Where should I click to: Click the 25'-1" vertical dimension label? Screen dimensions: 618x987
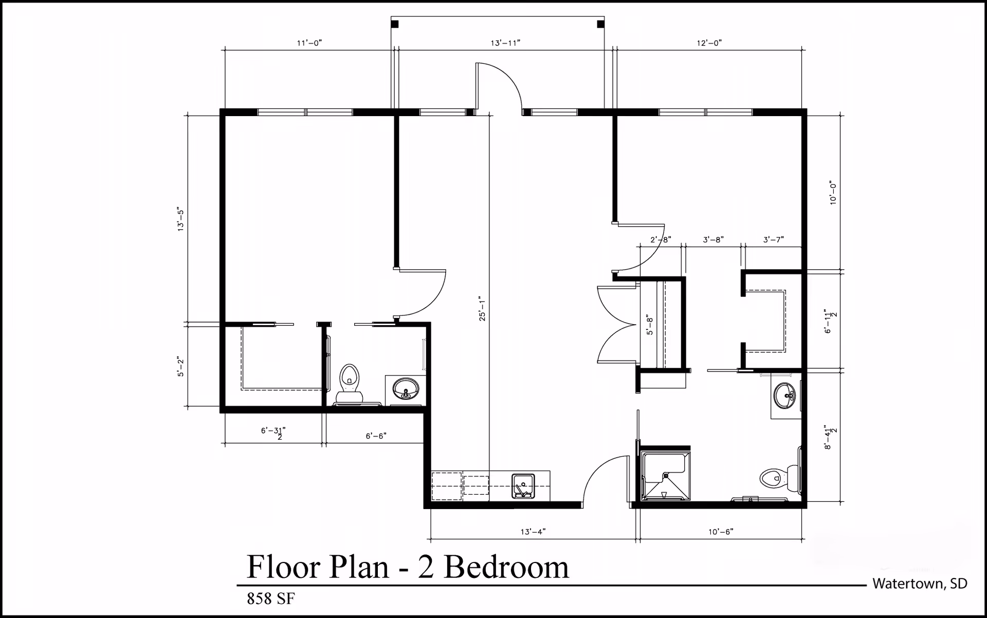(x=482, y=309)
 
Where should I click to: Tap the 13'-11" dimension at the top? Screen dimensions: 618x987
(x=505, y=43)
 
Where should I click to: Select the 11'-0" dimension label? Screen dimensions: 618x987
(x=309, y=43)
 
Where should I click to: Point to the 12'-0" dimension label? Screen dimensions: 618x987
(x=709, y=43)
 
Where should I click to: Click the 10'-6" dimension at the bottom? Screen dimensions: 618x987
(x=720, y=532)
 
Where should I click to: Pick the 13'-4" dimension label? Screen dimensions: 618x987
(x=533, y=532)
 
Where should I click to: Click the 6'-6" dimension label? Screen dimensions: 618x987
(x=376, y=436)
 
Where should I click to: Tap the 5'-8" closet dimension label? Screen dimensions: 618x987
(x=650, y=326)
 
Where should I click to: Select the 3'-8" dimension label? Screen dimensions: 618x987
(x=713, y=240)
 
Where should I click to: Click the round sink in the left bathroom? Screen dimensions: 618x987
(x=406, y=389)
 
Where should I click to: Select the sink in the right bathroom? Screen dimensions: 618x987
(x=785, y=396)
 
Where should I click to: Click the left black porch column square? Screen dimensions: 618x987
(x=395, y=24)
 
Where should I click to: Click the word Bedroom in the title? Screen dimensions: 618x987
(x=506, y=567)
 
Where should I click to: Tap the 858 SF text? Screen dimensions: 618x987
(x=271, y=599)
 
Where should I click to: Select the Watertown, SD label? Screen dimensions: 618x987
(x=920, y=584)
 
